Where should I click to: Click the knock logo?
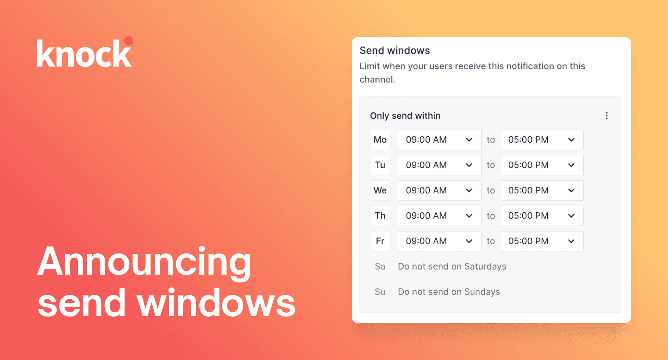85,53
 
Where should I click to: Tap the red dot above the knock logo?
129,41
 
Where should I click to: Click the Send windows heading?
394,50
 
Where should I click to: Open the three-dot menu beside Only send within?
606,116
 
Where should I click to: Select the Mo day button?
380,140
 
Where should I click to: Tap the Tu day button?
380,165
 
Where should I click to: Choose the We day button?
380,190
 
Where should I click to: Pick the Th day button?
380,216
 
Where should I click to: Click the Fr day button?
380,241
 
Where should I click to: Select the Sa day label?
380,267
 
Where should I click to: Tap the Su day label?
380,292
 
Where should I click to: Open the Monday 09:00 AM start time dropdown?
439,140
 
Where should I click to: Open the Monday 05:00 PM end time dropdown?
542,140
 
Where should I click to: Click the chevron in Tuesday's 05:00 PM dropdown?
571,165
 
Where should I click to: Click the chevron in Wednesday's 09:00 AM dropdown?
469,191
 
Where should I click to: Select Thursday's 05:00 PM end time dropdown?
542,216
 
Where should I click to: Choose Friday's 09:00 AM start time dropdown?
439,241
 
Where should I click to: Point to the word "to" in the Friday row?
491,241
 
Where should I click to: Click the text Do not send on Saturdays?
452,267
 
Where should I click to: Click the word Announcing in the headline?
144,262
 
